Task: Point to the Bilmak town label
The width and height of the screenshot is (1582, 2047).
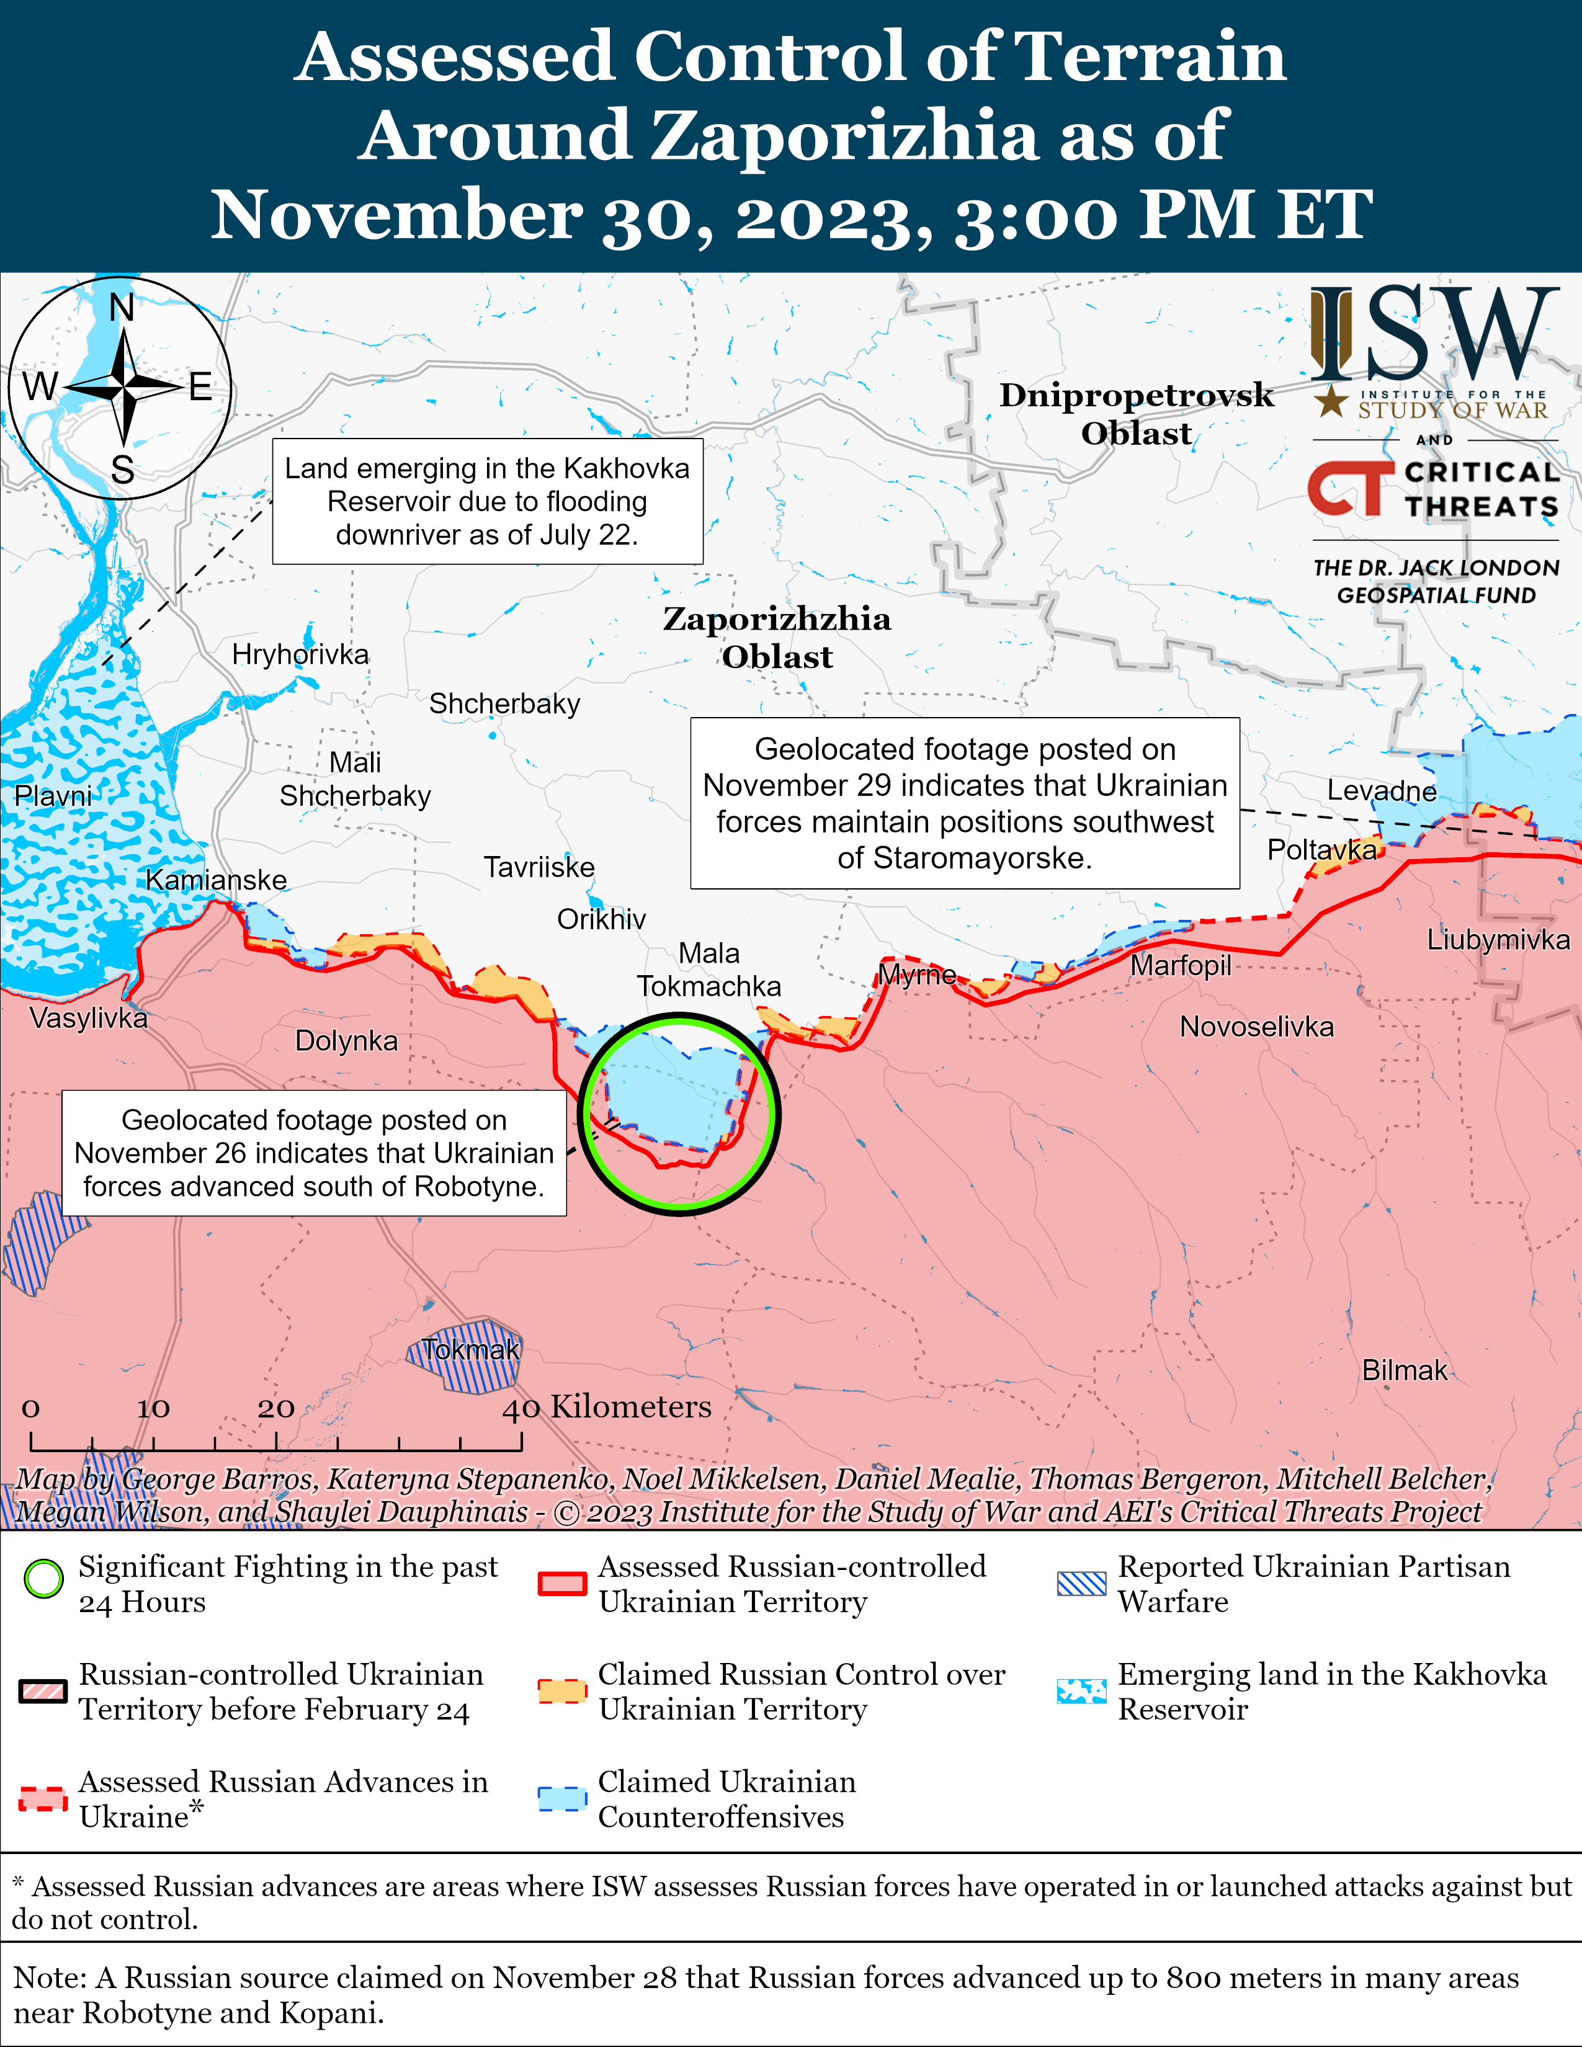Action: (x=1404, y=1370)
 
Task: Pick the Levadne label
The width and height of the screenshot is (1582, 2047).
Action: (x=1382, y=790)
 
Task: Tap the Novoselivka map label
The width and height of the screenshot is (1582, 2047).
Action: (x=1256, y=1027)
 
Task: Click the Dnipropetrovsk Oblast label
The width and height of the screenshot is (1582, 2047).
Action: (x=1136, y=413)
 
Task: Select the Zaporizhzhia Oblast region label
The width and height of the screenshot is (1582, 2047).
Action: (x=777, y=637)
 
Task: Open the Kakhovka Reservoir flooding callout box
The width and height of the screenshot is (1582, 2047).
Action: (x=488, y=501)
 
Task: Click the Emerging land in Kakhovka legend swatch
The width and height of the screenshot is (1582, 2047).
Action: (x=1081, y=1691)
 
